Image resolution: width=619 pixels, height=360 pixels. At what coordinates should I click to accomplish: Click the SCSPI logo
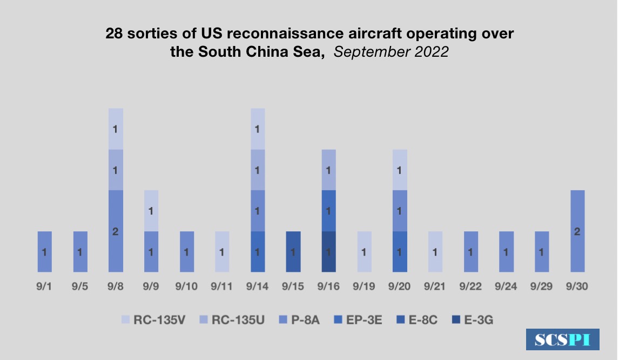pyautogui.click(x=562, y=339)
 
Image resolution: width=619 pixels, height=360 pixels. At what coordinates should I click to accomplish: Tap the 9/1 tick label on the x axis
pyautogui.click(x=45, y=286)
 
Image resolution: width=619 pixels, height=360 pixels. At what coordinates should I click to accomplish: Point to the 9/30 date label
pyautogui.click(x=577, y=286)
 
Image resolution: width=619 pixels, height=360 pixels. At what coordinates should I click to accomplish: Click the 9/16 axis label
pyautogui.click(x=329, y=286)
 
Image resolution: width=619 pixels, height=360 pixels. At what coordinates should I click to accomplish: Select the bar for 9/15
pyautogui.click(x=293, y=251)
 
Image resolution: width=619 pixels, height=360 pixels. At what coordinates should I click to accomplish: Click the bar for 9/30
pyautogui.click(x=577, y=231)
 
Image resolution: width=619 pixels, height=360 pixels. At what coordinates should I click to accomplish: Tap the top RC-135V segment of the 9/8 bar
pyautogui.click(x=116, y=129)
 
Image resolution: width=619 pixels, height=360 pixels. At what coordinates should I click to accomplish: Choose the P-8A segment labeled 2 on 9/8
pyautogui.click(x=116, y=231)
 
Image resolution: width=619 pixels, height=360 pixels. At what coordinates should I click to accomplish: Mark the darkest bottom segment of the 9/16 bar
pyautogui.click(x=329, y=251)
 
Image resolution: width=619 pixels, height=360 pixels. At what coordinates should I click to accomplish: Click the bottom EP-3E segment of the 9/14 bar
pyautogui.click(x=258, y=251)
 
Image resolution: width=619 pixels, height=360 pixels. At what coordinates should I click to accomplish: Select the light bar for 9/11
pyautogui.click(x=223, y=251)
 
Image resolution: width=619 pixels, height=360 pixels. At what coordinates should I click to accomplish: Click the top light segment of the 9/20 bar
pyautogui.click(x=400, y=170)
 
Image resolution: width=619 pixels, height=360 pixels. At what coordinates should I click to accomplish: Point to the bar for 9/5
pyautogui.click(x=80, y=251)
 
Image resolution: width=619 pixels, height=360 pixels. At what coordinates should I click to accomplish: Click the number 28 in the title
pyautogui.click(x=114, y=34)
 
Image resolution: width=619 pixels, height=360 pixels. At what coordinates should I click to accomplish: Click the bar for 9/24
pyautogui.click(x=506, y=251)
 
